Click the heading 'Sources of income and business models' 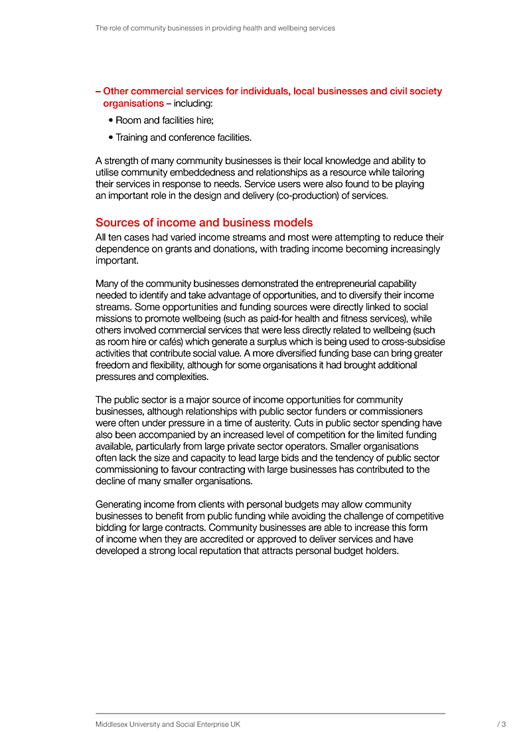coord(204,223)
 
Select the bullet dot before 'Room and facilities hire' coord(110,121)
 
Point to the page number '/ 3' coord(501,725)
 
